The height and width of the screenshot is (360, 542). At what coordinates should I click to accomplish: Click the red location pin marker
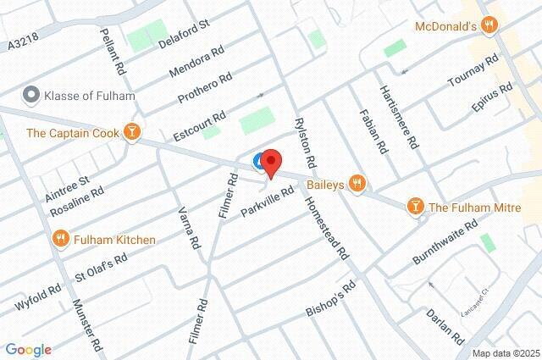[x=270, y=162]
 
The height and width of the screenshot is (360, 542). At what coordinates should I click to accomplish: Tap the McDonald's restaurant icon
[x=488, y=26]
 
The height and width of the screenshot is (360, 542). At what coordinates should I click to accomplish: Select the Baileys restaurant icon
[x=359, y=182]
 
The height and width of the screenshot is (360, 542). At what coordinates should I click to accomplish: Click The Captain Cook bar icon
[x=131, y=132]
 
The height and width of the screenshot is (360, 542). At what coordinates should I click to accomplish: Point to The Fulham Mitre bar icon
[x=415, y=206]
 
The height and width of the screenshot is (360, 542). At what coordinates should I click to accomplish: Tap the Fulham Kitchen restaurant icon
[x=61, y=239]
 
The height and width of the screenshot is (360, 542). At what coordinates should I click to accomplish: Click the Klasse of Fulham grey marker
[x=32, y=95]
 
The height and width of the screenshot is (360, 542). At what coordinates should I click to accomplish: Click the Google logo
[x=28, y=349]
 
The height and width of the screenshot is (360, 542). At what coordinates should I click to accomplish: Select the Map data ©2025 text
[x=506, y=353]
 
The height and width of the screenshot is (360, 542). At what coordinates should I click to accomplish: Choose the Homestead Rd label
[x=328, y=229]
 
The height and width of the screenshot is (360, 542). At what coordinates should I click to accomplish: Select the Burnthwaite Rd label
[x=445, y=240]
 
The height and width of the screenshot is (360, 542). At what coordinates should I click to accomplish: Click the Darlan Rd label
[x=446, y=325]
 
